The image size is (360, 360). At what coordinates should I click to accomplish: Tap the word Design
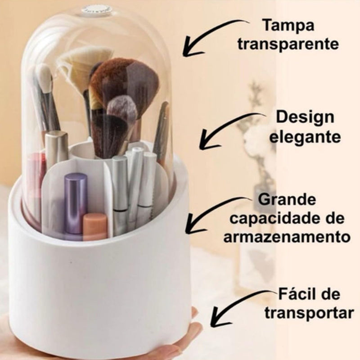pyautogui.click(x=305, y=118)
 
